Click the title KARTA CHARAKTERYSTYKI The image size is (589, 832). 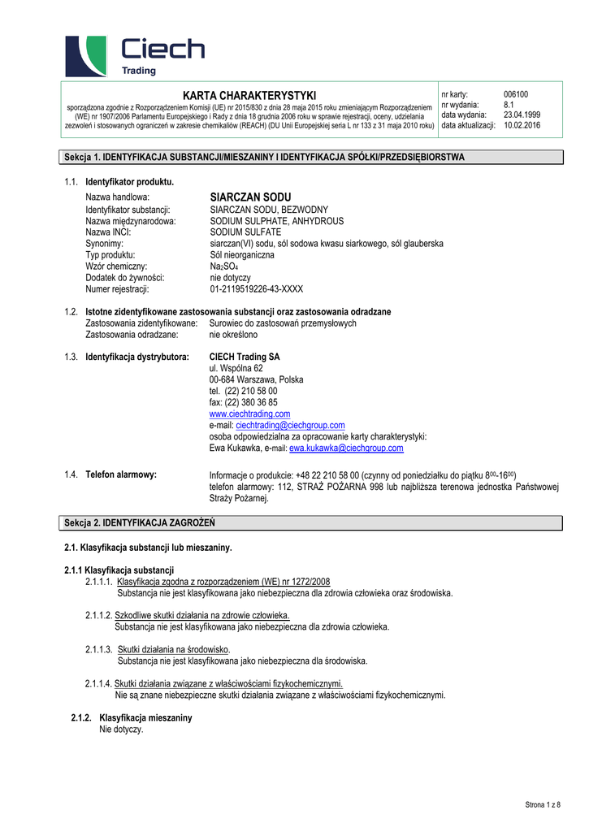(x=249, y=96)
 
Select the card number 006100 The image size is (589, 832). (x=516, y=94)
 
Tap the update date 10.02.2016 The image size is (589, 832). (x=522, y=125)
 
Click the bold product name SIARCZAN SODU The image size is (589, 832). (x=250, y=197)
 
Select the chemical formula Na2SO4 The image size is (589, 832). (x=223, y=266)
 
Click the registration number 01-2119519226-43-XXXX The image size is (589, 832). (x=256, y=289)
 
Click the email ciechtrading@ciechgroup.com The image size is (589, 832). (x=290, y=425)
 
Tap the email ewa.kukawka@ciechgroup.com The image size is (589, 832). (x=346, y=448)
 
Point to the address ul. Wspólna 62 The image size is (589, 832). (x=236, y=368)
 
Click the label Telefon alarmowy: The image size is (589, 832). (x=121, y=474)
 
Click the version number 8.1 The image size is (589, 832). (x=509, y=105)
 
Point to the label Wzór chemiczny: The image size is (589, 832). (x=117, y=266)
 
